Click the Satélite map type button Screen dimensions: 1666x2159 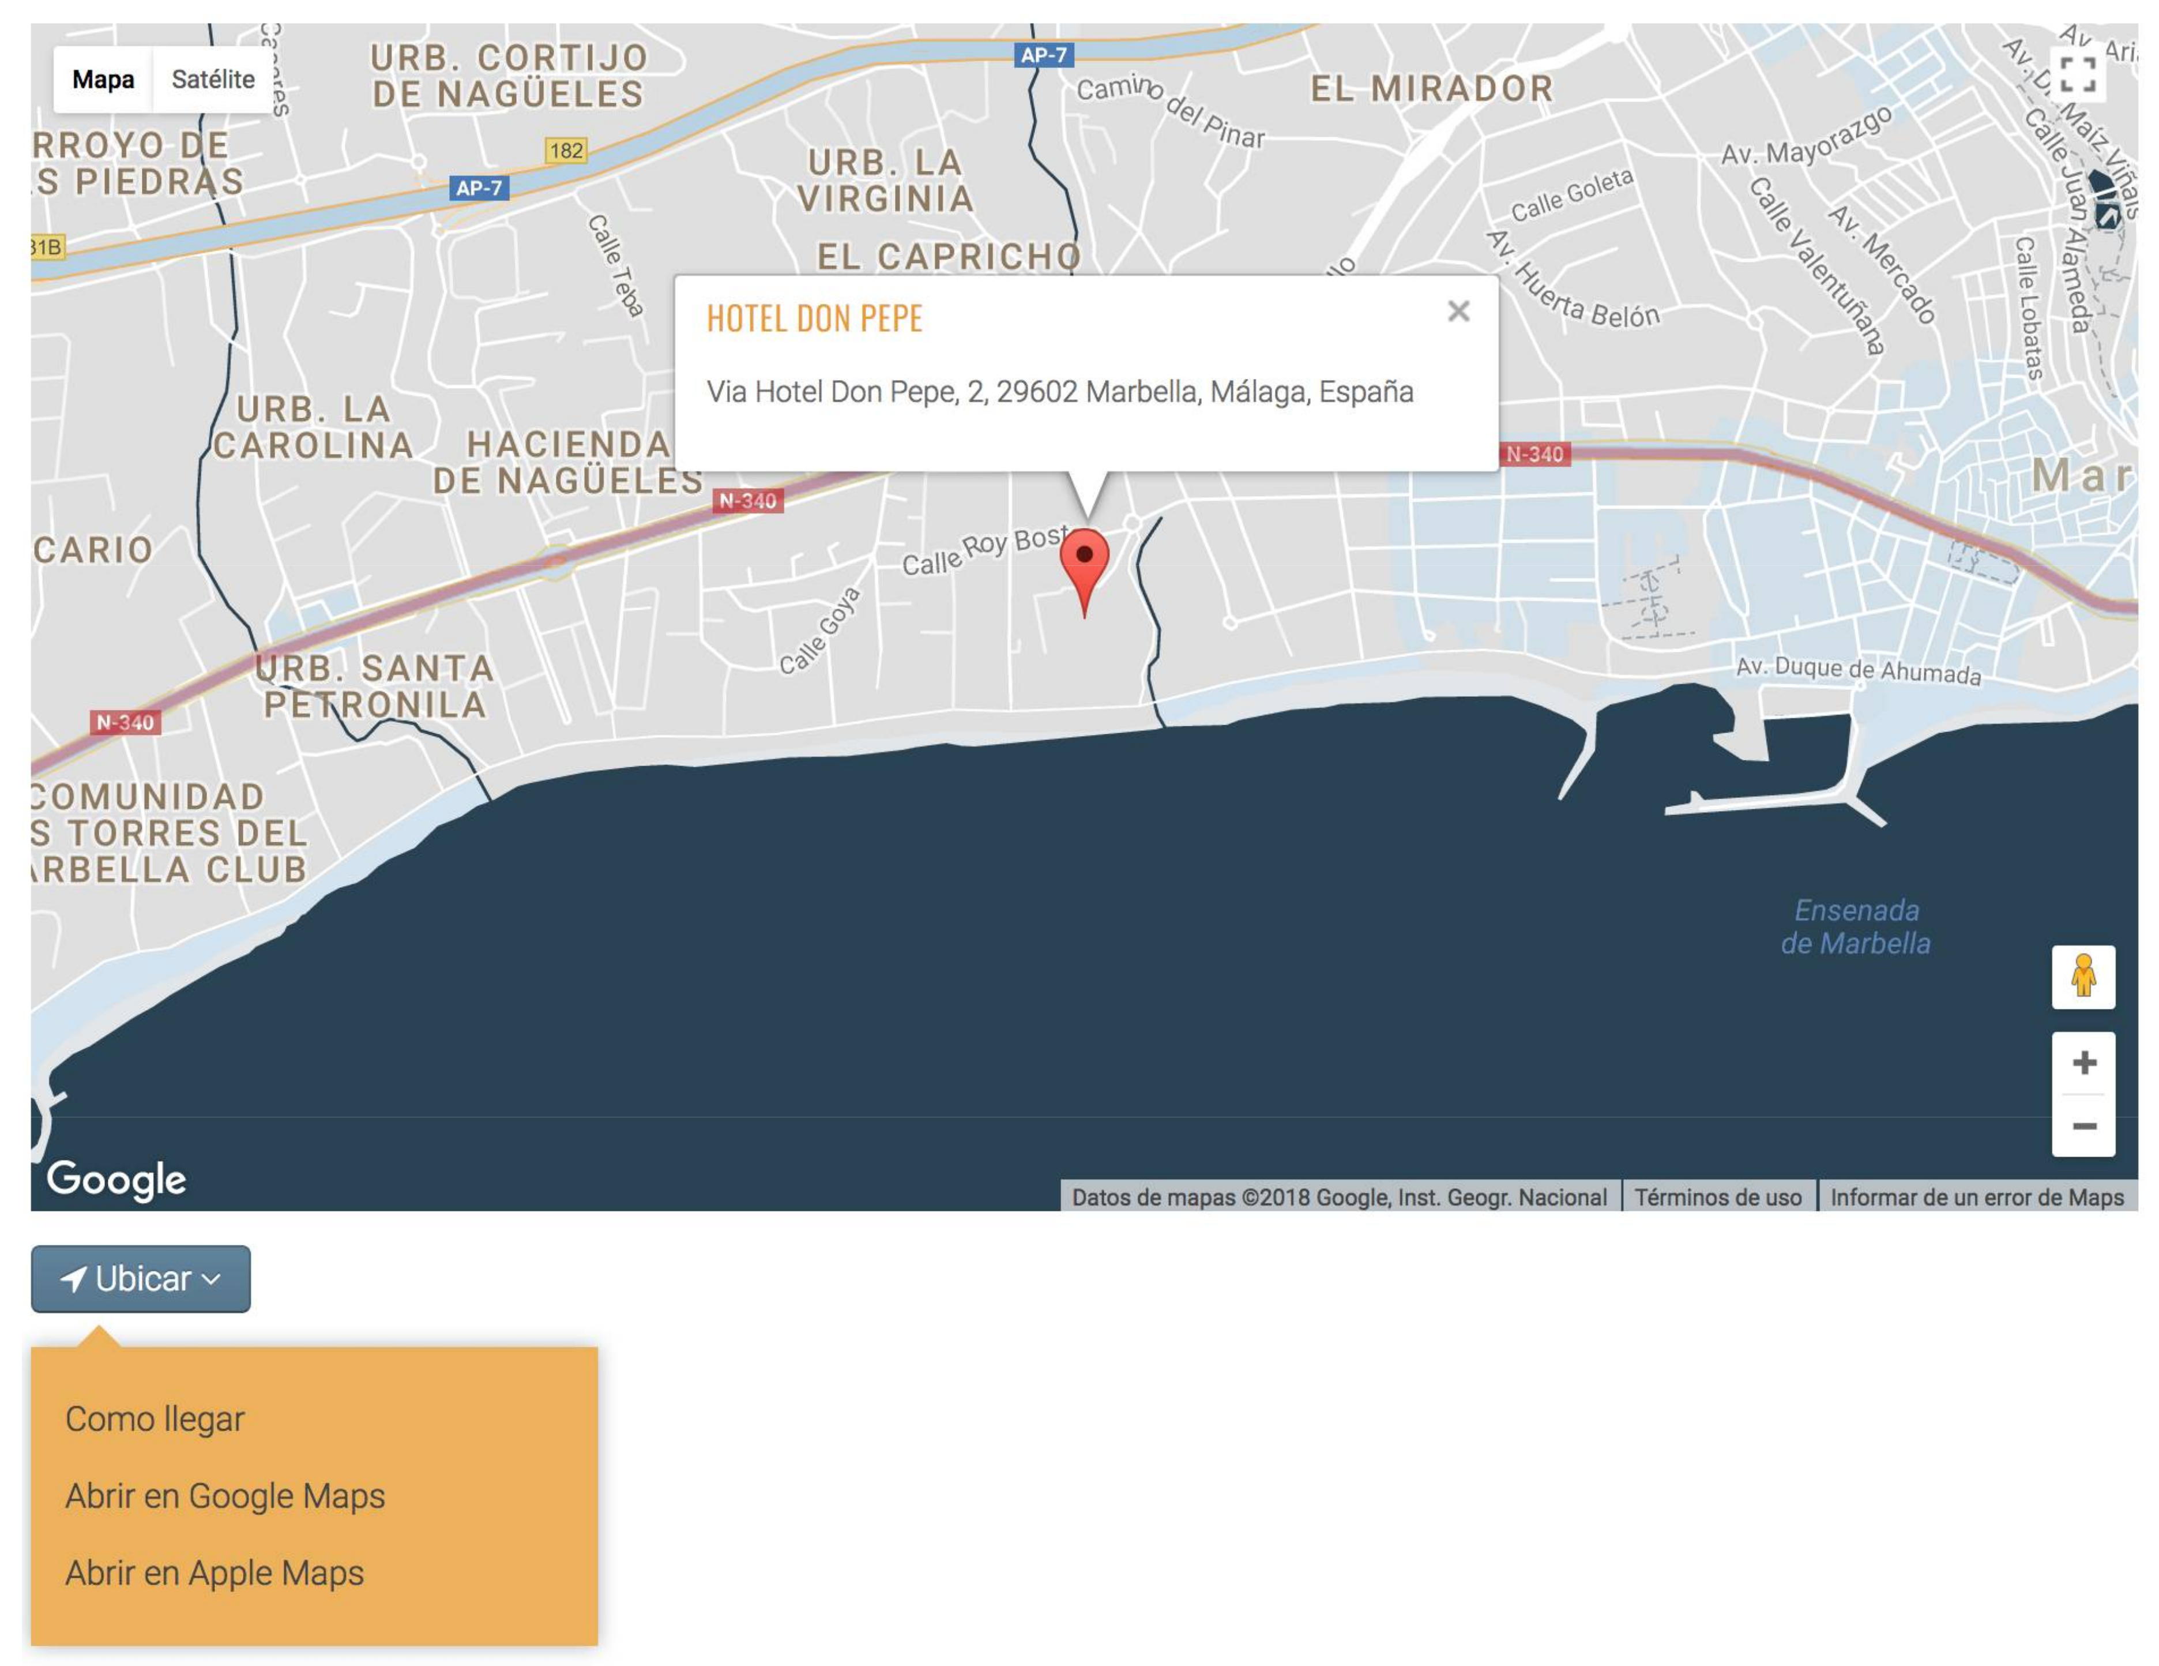point(213,79)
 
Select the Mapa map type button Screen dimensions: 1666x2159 point(103,79)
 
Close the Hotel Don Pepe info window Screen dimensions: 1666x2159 point(1458,312)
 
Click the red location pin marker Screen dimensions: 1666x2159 point(1085,562)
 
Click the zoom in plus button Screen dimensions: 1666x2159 point(2084,1063)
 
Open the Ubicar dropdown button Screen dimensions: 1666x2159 point(140,1278)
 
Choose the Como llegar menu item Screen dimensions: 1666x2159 point(154,1419)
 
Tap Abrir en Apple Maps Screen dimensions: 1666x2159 point(215,1573)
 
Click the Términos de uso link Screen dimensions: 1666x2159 point(1718,1198)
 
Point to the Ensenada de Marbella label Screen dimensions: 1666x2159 point(1856,926)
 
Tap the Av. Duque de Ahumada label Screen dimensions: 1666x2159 point(1859,670)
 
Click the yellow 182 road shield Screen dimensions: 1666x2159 point(566,151)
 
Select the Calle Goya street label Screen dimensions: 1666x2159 point(819,631)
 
